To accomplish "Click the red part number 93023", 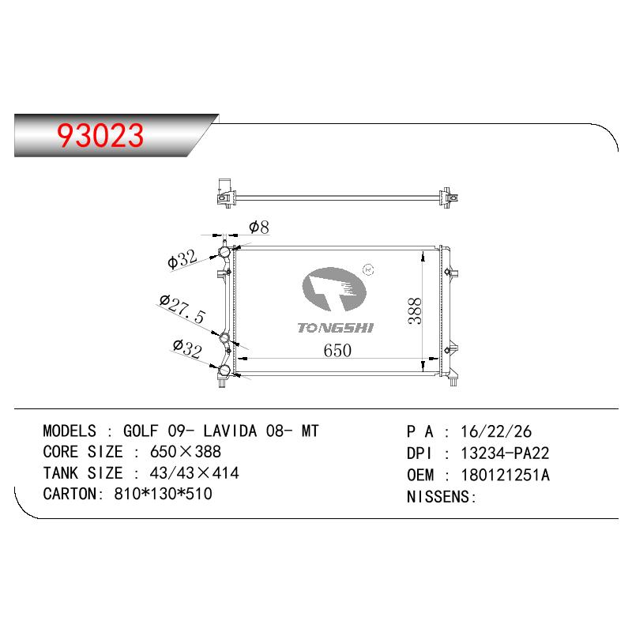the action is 100,135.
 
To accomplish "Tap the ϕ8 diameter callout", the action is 259,227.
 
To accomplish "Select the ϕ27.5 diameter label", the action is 182,310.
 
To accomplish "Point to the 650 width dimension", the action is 337,350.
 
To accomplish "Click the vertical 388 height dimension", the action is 415,310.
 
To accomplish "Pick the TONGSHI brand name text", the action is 335,328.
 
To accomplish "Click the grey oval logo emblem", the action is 334,289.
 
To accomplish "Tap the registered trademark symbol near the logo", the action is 368,270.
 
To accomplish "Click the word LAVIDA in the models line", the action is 230,431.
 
